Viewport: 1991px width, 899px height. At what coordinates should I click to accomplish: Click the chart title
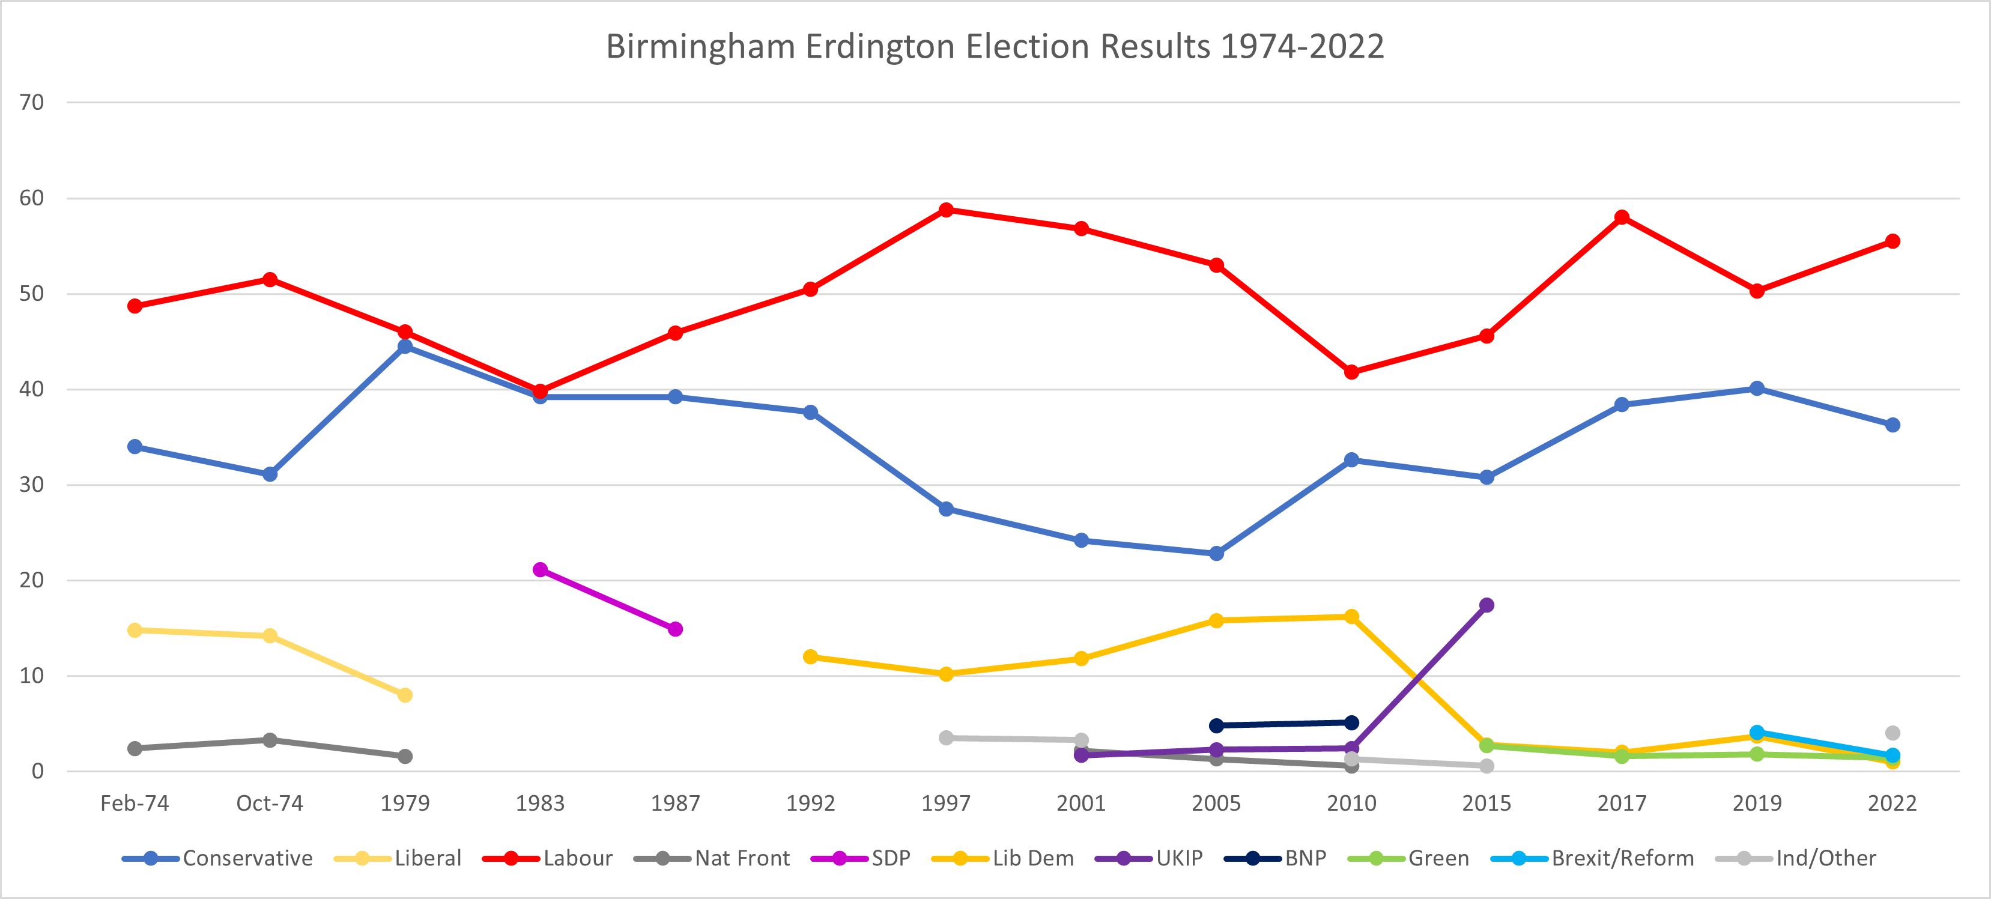(x=995, y=46)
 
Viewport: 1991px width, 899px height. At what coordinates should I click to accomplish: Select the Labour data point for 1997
(x=946, y=210)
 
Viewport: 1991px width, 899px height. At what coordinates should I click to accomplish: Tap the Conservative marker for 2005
(x=1216, y=554)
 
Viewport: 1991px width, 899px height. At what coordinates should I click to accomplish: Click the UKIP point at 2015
(x=1486, y=605)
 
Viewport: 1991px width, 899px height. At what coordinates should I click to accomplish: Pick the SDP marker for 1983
(x=541, y=570)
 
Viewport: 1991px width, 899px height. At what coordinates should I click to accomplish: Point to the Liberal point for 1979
(x=405, y=695)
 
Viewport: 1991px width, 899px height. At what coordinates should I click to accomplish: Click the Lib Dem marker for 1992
(x=811, y=657)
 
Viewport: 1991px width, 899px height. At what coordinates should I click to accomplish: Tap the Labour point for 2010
(x=1351, y=372)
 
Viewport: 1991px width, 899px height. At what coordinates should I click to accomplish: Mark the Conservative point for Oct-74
(x=270, y=474)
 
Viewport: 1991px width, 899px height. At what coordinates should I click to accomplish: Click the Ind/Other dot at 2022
(x=1892, y=733)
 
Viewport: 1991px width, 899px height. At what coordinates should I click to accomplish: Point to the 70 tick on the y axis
(x=32, y=102)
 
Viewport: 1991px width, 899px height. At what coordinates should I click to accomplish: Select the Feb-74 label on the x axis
(x=135, y=803)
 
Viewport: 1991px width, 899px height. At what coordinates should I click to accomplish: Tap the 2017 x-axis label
(x=1622, y=803)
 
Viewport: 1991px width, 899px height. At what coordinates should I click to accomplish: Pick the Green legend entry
(x=1408, y=858)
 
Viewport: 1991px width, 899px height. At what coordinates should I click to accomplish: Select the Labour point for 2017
(x=1622, y=217)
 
